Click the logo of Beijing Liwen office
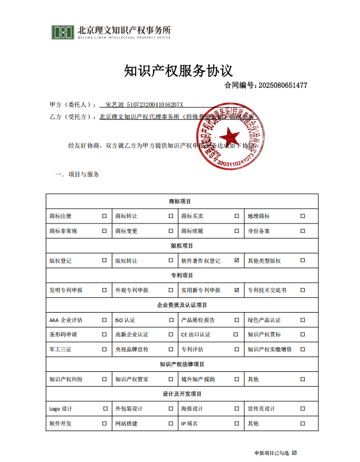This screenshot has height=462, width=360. [x=63, y=32]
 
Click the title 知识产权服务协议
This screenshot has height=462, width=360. [x=178, y=71]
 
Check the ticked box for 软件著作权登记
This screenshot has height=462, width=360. [x=236, y=261]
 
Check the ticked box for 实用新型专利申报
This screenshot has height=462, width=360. [x=236, y=290]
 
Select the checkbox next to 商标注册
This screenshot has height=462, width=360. [x=104, y=216]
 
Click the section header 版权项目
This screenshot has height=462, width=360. [x=182, y=246]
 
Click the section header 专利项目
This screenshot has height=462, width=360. [x=182, y=275]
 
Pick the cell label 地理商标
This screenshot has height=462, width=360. [x=259, y=216]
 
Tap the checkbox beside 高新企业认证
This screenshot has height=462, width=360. [x=171, y=335]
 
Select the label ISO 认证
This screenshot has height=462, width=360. [x=125, y=320]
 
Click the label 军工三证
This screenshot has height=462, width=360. [x=60, y=350]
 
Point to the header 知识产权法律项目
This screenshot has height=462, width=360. [x=182, y=364]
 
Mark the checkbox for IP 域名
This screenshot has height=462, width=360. [x=236, y=424]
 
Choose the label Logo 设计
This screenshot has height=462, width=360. [x=61, y=409]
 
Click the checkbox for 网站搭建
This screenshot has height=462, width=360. [x=171, y=424]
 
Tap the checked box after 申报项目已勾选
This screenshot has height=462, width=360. [x=294, y=453]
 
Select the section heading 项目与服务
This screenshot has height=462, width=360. [x=84, y=174]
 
